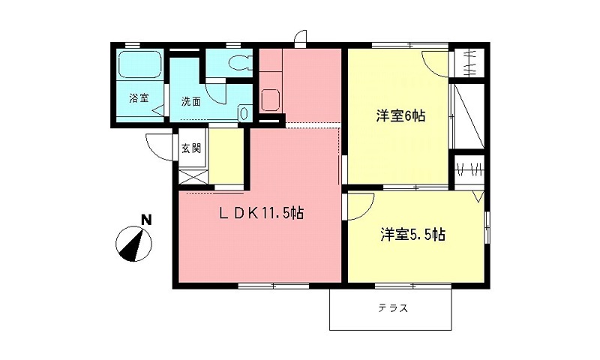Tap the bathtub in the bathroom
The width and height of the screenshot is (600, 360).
140,67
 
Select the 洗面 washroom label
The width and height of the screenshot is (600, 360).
190,101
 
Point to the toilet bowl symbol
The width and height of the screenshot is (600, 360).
239,63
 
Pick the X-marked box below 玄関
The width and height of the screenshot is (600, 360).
191,178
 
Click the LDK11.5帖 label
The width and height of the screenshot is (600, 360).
261,213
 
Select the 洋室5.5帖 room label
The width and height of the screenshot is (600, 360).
412,235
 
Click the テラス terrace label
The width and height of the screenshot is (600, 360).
392,308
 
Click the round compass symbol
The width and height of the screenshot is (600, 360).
135,244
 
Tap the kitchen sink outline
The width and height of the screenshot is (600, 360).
270,98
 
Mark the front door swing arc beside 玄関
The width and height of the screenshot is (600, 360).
159,145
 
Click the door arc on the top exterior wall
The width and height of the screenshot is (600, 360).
301,37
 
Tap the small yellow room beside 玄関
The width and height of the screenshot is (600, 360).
227,157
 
